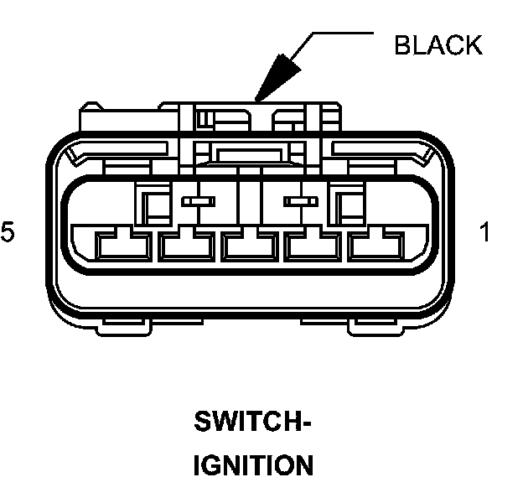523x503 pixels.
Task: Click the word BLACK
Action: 438,45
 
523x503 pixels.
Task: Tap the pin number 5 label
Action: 8,232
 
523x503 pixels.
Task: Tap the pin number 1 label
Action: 484,232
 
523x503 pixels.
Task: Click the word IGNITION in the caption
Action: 253,465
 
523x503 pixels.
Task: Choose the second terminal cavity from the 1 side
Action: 313,244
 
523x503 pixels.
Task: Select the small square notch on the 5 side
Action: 152,204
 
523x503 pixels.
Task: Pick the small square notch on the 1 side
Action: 346,204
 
